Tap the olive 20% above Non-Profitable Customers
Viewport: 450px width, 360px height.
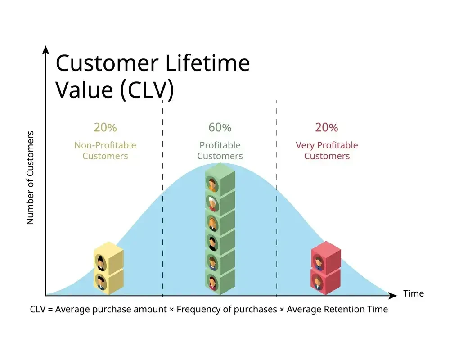[x=105, y=127]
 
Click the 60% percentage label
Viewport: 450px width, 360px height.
[x=220, y=127]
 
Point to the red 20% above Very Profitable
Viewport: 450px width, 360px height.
[x=326, y=127]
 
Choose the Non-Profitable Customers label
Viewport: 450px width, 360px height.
[x=105, y=151]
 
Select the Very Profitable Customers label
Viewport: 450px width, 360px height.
[x=327, y=151]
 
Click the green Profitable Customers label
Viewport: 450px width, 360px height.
[x=220, y=151]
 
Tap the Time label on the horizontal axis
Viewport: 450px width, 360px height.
[x=413, y=293]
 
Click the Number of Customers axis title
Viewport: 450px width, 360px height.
[x=31, y=178]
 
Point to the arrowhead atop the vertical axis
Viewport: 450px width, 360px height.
[x=45, y=49]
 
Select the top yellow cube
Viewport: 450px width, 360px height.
[x=108, y=259]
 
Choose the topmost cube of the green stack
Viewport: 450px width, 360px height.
[x=220, y=180]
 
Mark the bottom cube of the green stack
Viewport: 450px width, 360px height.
[x=220, y=282]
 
